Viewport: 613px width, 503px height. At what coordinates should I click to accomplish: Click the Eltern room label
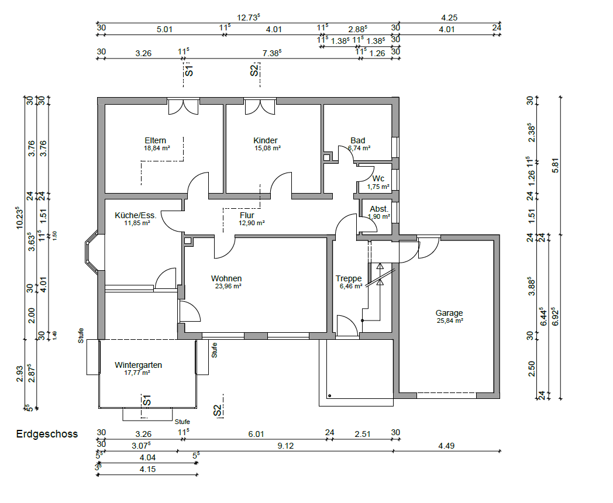coord(155,140)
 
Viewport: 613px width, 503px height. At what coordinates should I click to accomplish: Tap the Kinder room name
coord(266,140)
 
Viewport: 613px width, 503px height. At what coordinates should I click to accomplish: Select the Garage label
coord(449,313)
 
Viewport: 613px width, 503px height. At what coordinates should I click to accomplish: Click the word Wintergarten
coord(139,365)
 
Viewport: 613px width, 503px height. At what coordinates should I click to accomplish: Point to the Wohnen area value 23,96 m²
coord(228,286)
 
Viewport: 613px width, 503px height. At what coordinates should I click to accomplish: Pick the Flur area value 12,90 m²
coord(252,223)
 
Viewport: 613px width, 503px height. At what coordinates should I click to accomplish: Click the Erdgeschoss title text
coord(47,434)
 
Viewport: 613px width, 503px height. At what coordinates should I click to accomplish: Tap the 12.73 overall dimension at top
coord(249,18)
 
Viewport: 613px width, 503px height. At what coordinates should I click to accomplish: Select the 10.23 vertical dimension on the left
coord(19,218)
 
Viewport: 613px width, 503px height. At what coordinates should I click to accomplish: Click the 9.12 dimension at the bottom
coord(285,446)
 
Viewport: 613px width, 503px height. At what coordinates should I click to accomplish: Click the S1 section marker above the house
coord(189,71)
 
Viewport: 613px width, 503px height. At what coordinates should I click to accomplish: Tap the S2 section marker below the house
coord(218,410)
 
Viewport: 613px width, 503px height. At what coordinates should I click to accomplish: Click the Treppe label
coord(349,278)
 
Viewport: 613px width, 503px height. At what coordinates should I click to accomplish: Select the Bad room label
coord(358,140)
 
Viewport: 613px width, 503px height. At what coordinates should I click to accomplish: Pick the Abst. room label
coord(379,209)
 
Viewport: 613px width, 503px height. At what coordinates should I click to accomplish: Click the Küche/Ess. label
coord(136,215)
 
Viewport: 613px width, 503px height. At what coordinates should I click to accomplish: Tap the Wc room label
coord(378,178)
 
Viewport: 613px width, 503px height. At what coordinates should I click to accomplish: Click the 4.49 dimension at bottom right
coord(446,446)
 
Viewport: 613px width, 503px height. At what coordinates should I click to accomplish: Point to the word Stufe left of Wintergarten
coord(81,336)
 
